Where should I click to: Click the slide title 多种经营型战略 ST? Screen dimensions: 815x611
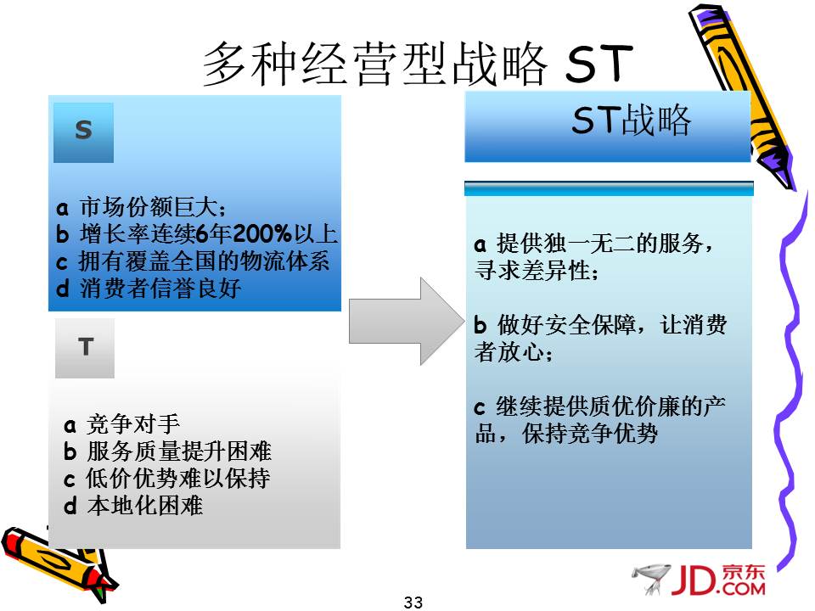click(x=418, y=64)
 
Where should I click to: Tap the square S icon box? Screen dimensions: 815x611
click(x=84, y=132)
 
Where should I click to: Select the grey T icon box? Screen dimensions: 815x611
click(x=85, y=348)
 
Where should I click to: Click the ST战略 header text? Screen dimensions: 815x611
click(x=631, y=120)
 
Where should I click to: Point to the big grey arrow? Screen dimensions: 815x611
click(x=407, y=321)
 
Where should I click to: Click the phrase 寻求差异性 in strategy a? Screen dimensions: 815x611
click(x=537, y=270)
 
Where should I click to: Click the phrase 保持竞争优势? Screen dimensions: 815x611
click(x=590, y=434)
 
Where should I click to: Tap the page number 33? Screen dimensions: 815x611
click(x=413, y=603)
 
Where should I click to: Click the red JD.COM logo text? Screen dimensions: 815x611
click(x=718, y=580)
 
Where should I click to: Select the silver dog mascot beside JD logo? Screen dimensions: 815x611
click(x=651, y=578)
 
